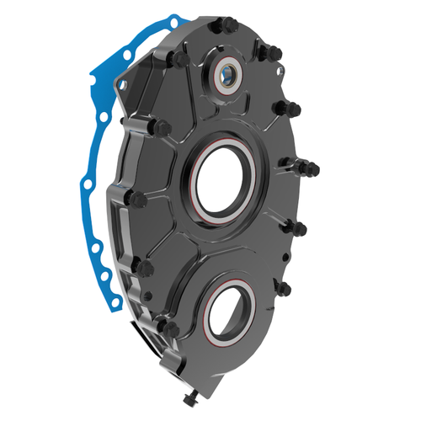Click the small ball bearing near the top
[x=229, y=77]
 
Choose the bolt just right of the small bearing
[x=264, y=53]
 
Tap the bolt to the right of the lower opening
[x=284, y=289]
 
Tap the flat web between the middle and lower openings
[x=221, y=253]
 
